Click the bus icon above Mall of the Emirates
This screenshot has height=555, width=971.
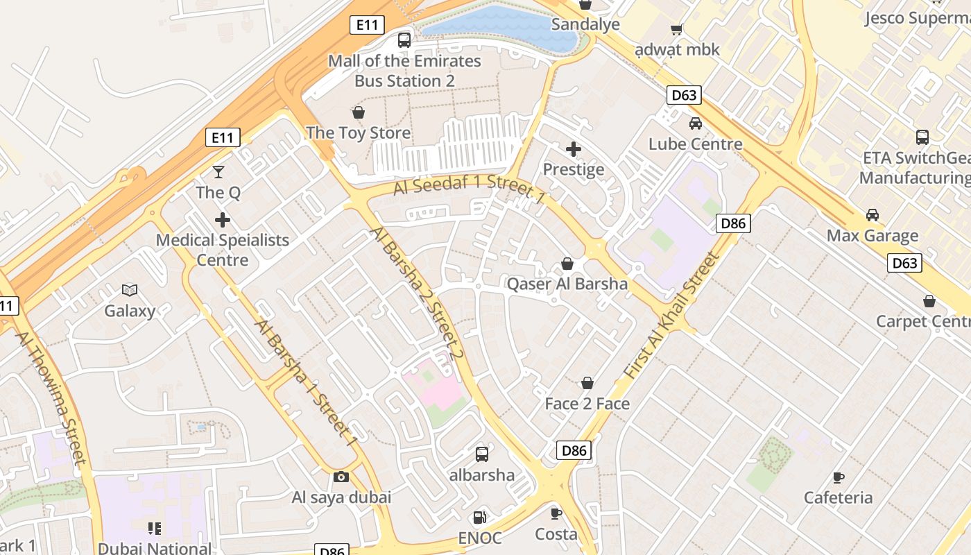pyautogui.click(x=404, y=40)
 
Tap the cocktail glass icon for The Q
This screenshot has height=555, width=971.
pyautogui.click(x=218, y=171)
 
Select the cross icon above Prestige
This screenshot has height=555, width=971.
pyautogui.click(x=574, y=148)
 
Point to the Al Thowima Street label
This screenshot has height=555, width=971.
pyautogui.click(x=52, y=396)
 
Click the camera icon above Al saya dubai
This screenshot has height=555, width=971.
pyautogui.click(x=341, y=477)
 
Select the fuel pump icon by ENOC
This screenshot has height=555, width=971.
pyautogui.click(x=479, y=518)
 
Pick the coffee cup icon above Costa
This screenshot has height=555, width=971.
pyautogui.click(x=556, y=513)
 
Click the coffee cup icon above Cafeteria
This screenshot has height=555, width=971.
pyautogui.click(x=838, y=477)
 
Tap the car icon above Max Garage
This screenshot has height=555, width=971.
pyautogui.click(x=872, y=215)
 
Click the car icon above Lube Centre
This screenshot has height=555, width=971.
pyautogui.click(x=695, y=123)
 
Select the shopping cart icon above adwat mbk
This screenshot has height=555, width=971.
pyautogui.click(x=676, y=29)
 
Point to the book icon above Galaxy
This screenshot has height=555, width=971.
pyautogui.click(x=129, y=290)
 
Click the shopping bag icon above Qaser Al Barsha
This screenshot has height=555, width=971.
pyautogui.click(x=567, y=264)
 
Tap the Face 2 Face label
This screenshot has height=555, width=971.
pyautogui.click(x=587, y=404)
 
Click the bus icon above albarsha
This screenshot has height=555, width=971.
pyautogui.click(x=481, y=454)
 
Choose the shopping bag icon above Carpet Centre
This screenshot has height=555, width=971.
pyautogui.click(x=929, y=301)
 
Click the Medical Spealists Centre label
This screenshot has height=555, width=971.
pyautogui.click(x=222, y=250)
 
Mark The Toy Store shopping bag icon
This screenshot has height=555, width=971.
pyautogui.click(x=359, y=112)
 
